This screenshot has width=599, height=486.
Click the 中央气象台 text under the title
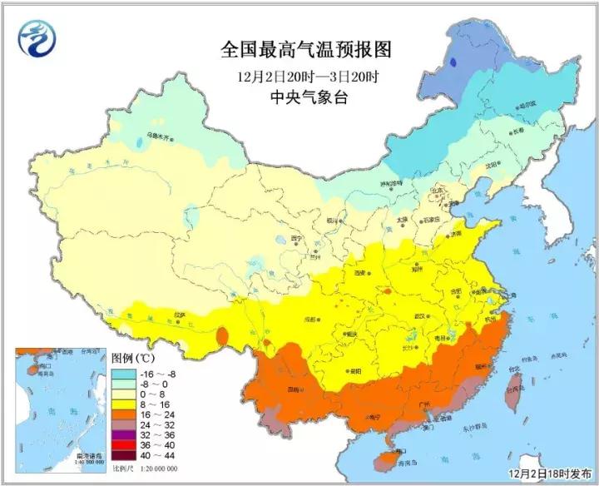pyautogui.click(x=306, y=97)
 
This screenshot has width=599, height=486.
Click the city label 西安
pyautogui.click(x=360, y=273)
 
